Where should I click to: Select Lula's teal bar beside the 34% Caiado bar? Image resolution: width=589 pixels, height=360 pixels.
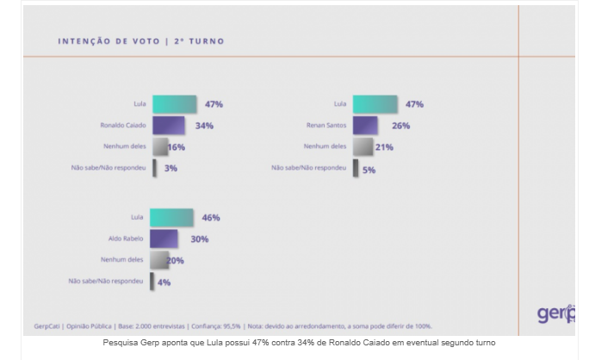click(x=174, y=104)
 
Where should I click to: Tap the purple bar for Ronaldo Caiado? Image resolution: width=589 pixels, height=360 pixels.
click(x=168, y=126)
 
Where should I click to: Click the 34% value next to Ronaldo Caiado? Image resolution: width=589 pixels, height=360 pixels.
click(x=204, y=126)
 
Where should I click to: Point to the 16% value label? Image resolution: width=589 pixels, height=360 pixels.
click(x=177, y=147)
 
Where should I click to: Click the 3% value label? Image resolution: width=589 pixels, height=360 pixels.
click(x=170, y=168)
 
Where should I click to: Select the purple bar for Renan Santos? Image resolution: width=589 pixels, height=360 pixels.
click(x=365, y=126)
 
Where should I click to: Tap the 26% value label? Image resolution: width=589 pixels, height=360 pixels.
click(x=400, y=126)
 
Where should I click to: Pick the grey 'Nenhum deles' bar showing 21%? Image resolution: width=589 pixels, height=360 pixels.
click(x=362, y=147)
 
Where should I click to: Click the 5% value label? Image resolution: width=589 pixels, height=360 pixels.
click(x=369, y=170)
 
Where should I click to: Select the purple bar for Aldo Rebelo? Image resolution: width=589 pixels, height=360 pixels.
click(x=164, y=239)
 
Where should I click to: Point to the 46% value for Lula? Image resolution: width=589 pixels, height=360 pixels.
click(x=209, y=217)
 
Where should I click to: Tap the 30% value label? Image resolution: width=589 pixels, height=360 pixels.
click(x=200, y=239)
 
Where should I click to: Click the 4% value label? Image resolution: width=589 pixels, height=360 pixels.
click(x=164, y=282)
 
